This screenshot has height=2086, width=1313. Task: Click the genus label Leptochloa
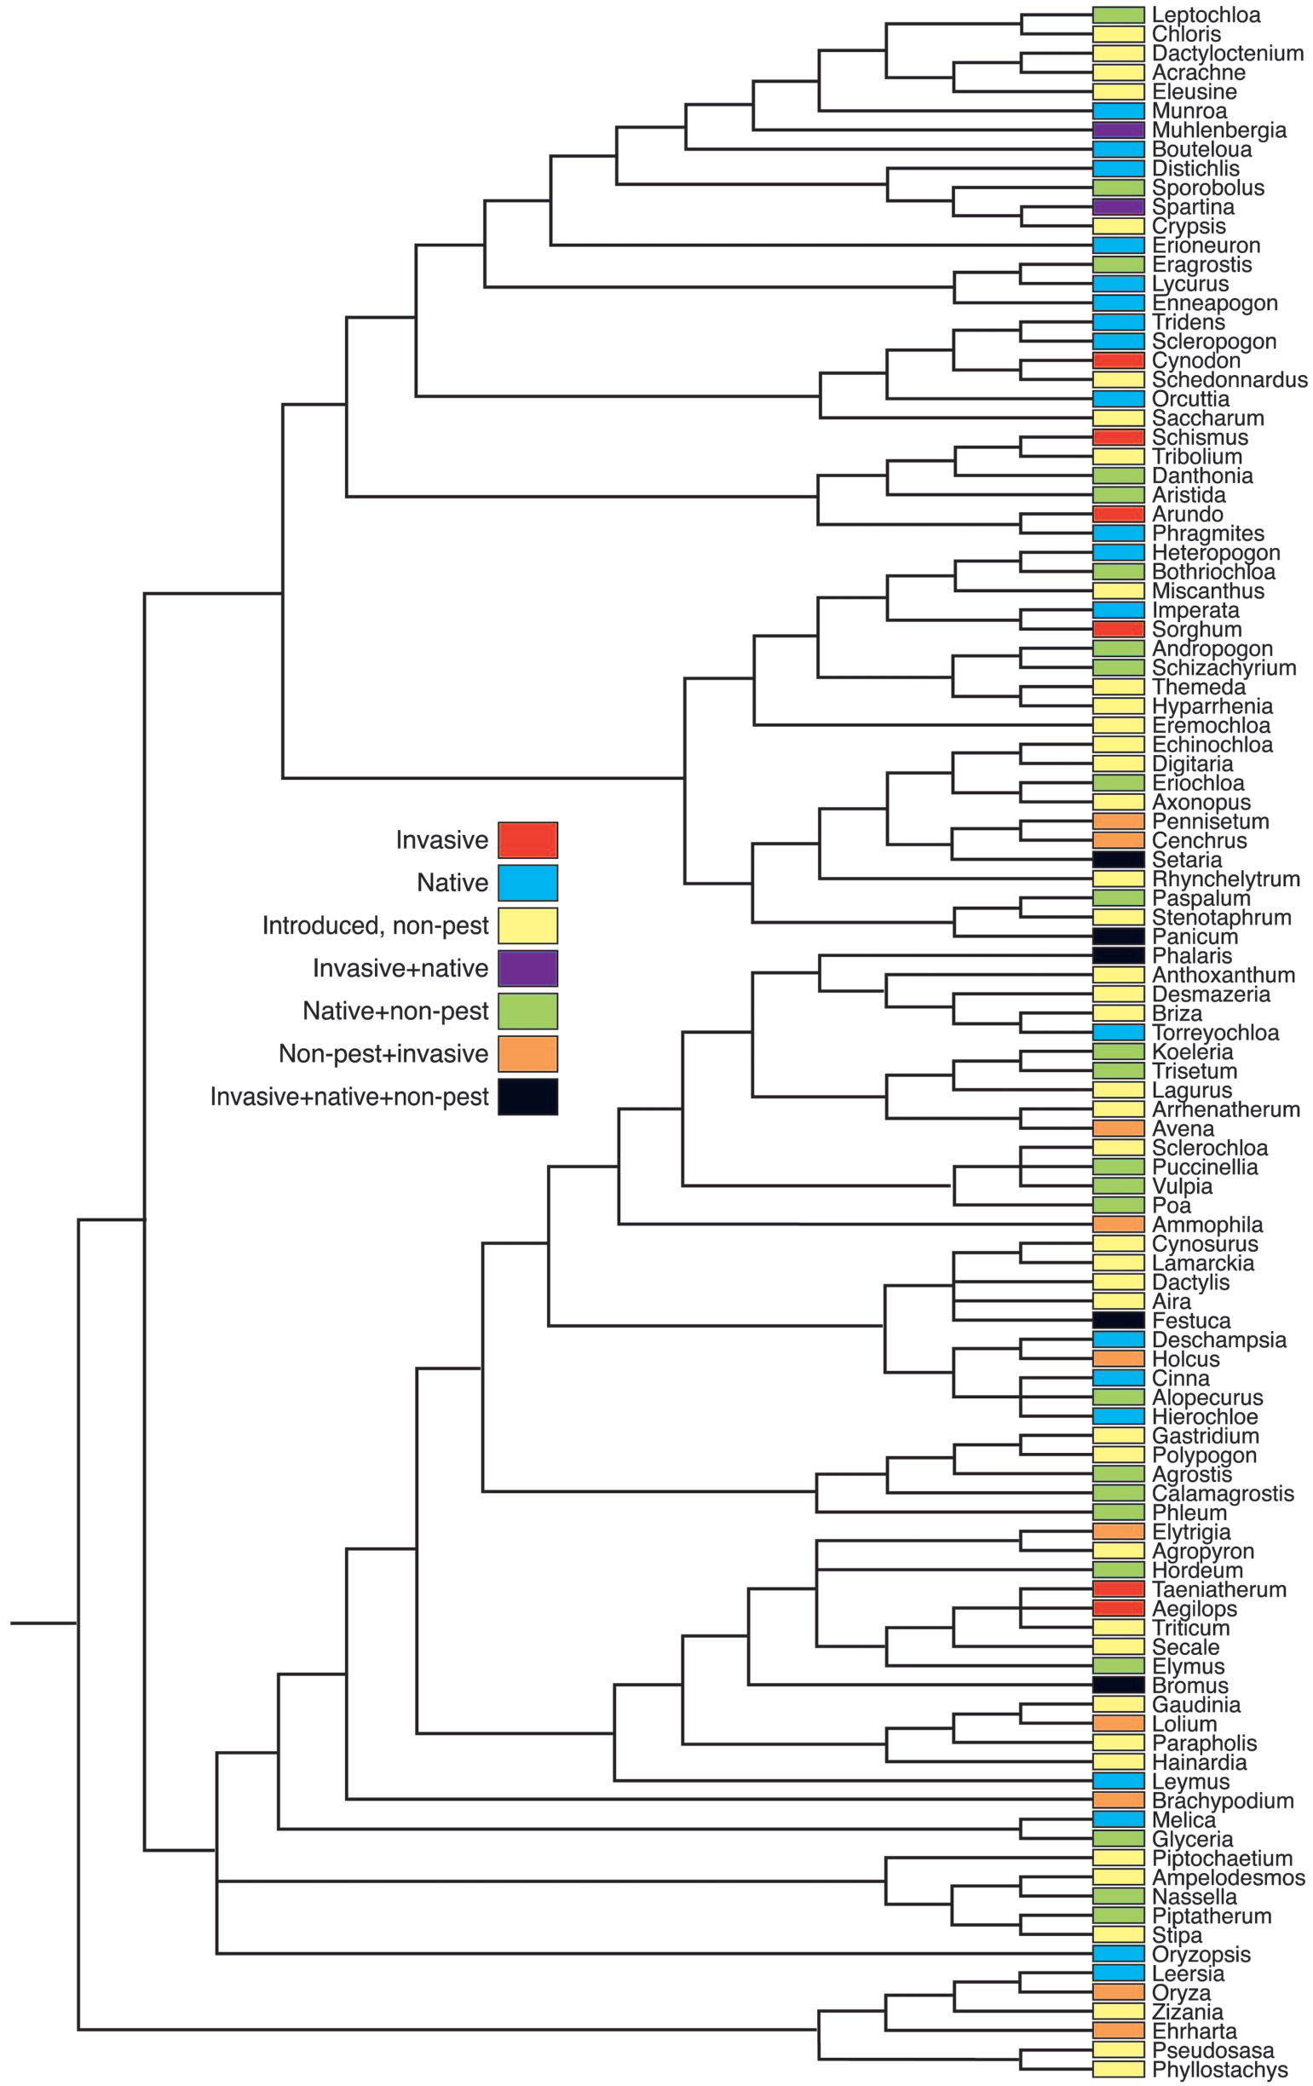pos(1206,14)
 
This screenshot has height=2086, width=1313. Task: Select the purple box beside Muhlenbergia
pos(1118,130)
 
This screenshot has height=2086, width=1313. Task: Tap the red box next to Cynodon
pos(1118,360)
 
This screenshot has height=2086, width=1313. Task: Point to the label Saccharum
pos(1207,418)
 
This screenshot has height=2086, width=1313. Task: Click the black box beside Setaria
pos(1118,859)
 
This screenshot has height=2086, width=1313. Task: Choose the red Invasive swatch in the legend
pos(527,839)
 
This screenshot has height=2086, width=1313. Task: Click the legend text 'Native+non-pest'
pos(396,1011)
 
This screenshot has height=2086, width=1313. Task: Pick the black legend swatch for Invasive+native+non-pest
pos(527,1097)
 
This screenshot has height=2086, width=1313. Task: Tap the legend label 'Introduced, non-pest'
pos(376,925)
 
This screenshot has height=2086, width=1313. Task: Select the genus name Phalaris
pos(1192,955)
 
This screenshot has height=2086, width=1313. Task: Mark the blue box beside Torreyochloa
pos(1118,1033)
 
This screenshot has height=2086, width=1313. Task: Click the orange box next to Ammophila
pos(1118,1224)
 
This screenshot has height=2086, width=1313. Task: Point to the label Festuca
pos(1191,1320)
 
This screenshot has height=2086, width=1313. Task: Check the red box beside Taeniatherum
pos(1118,1588)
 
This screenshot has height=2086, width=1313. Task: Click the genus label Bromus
pos(1190,1685)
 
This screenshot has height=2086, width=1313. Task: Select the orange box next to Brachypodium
pos(1118,1801)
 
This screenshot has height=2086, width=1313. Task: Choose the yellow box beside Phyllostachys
pos(1118,2070)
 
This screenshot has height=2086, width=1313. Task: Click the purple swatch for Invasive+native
pos(527,969)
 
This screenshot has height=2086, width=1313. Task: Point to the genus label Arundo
pos(1188,515)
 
